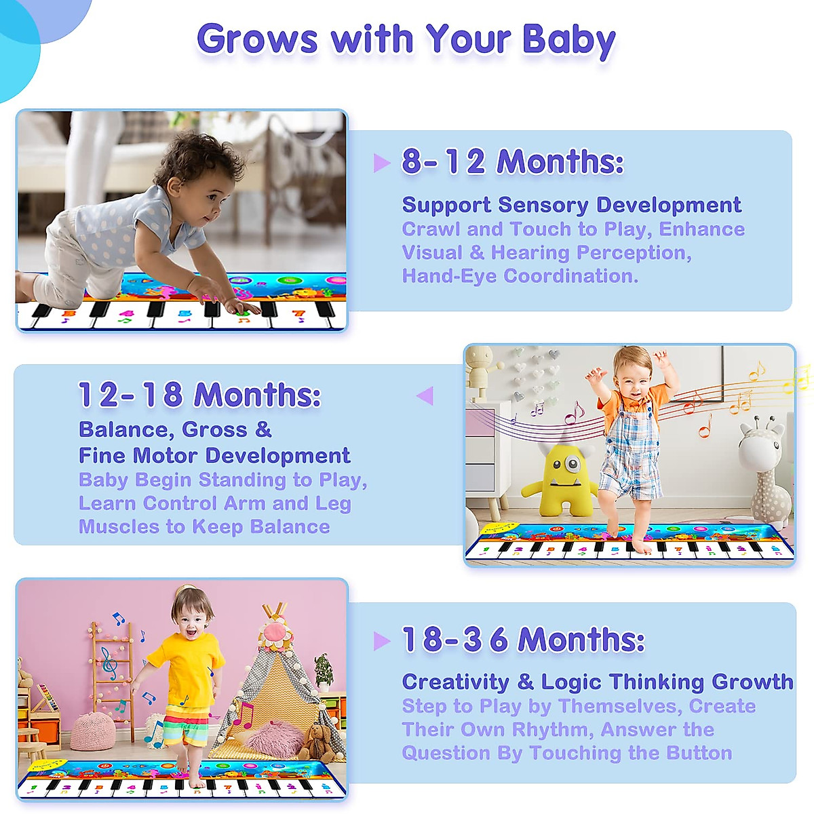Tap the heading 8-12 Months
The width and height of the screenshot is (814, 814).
pyautogui.click(x=512, y=162)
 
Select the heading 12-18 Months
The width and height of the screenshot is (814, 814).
pyautogui.click(x=199, y=395)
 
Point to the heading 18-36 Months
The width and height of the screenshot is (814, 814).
pyautogui.click(x=523, y=640)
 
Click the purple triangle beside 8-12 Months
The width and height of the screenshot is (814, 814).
pyautogui.click(x=382, y=163)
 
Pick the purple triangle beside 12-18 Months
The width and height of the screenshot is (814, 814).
pyautogui.click(x=425, y=395)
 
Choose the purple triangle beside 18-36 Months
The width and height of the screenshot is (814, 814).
pyautogui.click(x=382, y=640)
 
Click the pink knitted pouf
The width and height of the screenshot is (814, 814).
pyautogui.click(x=92, y=731)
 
